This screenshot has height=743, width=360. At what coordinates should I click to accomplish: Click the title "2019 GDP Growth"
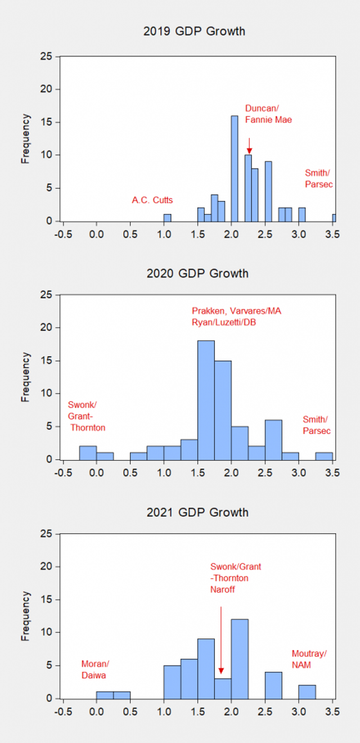(195, 31)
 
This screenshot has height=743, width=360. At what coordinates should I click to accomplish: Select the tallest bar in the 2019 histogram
(234, 169)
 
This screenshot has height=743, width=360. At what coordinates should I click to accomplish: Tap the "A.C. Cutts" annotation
(152, 200)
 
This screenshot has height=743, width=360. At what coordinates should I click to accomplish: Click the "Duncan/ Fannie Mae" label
(268, 114)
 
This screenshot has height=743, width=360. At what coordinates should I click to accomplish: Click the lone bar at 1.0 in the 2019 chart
(167, 218)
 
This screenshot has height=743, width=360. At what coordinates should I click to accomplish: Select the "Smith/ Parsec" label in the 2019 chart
(318, 178)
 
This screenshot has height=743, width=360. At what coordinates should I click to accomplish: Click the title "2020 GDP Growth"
(197, 274)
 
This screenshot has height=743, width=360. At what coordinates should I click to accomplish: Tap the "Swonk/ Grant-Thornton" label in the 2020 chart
(86, 416)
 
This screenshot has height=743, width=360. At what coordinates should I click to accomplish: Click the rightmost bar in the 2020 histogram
(324, 456)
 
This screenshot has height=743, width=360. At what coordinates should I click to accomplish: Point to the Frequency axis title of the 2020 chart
(26, 377)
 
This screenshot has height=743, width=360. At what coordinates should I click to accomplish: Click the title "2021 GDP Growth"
(197, 512)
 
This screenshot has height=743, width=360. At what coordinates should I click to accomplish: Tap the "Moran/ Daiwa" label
(95, 669)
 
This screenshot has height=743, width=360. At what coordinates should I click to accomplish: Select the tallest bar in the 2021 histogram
(240, 659)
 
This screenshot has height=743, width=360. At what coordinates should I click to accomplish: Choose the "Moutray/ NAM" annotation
(309, 659)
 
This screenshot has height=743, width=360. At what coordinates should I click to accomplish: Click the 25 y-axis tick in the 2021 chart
(47, 534)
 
